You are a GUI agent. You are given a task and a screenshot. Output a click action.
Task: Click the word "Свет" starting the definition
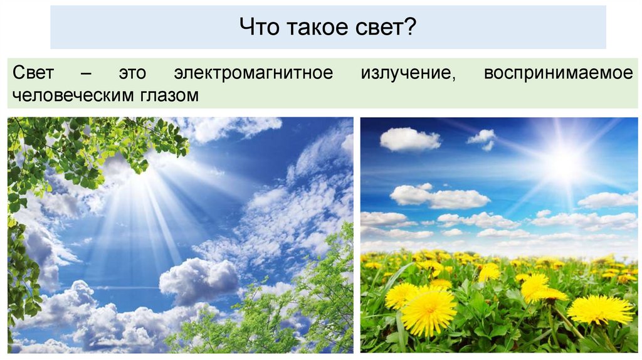(32, 73)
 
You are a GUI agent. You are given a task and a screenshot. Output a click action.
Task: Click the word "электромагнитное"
(253, 73)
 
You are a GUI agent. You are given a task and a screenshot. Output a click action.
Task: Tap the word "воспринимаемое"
(558, 73)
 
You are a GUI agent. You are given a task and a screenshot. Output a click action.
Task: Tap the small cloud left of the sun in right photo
(482, 138)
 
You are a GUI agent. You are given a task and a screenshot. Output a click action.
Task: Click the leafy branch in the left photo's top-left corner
(75, 147)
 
